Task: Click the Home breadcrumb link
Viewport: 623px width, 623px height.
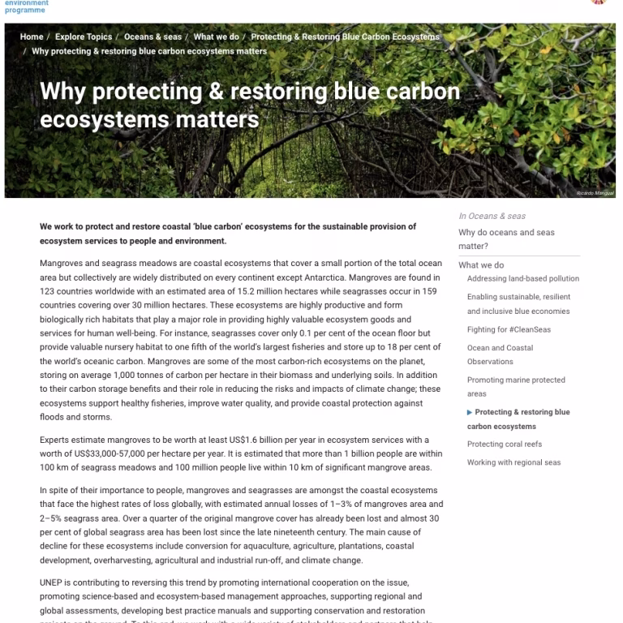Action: pyautogui.click(x=32, y=37)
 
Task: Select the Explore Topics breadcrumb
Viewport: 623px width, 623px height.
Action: pyautogui.click(x=84, y=37)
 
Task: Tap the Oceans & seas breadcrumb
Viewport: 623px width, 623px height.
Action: pyautogui.click(x=153, y=37)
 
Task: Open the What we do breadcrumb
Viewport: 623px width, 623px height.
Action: pyautogui.click(x=216, y=37)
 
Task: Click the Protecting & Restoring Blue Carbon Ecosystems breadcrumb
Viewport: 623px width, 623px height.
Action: pyautogui.click(x=345, y=37)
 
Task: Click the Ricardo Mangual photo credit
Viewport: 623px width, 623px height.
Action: pyautogui.click(x=595, y=193)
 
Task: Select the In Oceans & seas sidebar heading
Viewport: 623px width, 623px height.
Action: pyautogui.click(x=492, y=216)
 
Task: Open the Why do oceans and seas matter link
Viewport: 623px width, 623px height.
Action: pyautogui.click(x=506, y=238)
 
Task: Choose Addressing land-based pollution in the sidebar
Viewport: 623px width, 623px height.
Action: pyautogui.click(x=523, y=279)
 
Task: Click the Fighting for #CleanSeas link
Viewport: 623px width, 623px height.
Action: pyautogui.click(x=509, y=329)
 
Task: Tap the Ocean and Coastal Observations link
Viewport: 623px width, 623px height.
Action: pyautogui.click(x=500, y=354)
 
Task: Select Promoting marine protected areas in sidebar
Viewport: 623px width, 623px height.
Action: pyautogui.click(x=516, y=386)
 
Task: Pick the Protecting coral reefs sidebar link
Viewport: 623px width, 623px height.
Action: pyautogui.click(x=505, y=444)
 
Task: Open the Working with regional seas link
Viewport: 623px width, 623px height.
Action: pyautogui.click(x=513, y=462)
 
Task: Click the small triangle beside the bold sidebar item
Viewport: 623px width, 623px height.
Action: pyautogui.click(x=470, y=412)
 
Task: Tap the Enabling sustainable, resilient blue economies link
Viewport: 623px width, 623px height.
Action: pyautogui.click(x=518, y=304)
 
